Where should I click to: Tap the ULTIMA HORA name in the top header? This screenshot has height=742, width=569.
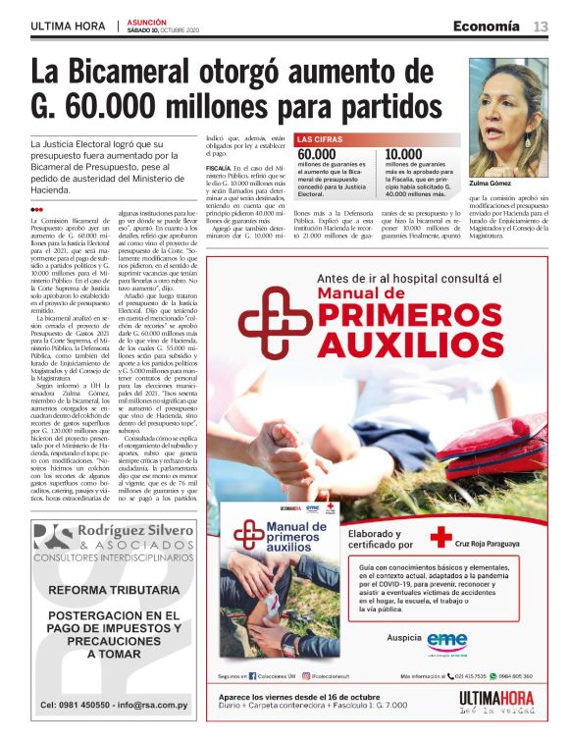click(68, 26)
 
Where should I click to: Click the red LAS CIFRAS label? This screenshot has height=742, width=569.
click(320, 140)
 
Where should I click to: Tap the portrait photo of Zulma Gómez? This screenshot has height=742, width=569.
click(508, 104)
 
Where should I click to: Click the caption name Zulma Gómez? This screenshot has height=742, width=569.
click(491, 182)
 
